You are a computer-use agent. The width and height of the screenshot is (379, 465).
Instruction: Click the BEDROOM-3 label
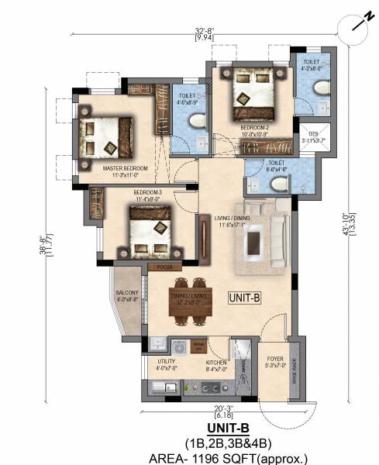(x=147, y=193)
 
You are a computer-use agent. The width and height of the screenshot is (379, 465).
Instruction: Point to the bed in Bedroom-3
(x=150, y=231)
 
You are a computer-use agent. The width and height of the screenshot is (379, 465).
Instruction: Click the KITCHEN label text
(x=215, y=362)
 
